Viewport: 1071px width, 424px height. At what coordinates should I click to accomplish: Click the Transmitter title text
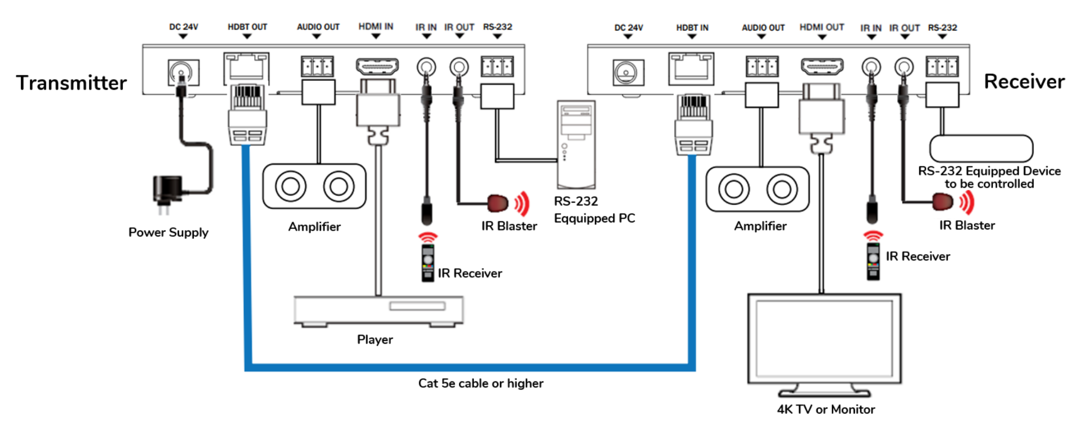click(71, 83)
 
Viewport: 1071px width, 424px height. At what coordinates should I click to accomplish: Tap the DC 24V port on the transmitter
click(183, 72)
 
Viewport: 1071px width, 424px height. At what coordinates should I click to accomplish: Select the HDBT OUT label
click(247, 27)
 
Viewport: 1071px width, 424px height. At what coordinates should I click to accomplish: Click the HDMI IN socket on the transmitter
click(377, 67)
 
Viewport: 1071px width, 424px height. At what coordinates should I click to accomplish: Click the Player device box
click(378, 310)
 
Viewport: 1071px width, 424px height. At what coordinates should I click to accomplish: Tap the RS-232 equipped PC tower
click(576, 144)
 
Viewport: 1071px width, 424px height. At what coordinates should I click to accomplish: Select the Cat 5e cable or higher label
click(480, 384)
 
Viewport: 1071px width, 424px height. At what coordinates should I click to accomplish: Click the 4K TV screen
click(824, 339)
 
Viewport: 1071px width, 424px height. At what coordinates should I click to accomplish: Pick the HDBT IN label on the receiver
click(692, 28)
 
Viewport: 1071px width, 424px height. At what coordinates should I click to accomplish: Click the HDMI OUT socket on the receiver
click(822, 67)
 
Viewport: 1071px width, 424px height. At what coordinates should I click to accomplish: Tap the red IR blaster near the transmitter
click(497, 203)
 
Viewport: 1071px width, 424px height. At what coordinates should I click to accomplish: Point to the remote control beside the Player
click(428, 263)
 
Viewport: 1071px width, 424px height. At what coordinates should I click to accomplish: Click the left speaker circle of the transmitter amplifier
click(290, 186)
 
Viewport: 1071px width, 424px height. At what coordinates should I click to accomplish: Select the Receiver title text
click(1024, 82)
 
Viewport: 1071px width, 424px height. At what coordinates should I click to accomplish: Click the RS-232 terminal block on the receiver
click(942, 67)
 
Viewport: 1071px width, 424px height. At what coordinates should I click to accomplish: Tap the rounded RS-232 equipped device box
click(981, 149)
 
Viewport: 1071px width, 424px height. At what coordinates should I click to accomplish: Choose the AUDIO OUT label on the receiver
click(763, 28)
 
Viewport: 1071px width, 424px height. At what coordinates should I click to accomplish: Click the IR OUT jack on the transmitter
click(459, 67)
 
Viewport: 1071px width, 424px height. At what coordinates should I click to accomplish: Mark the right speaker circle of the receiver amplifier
click(782, 190)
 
